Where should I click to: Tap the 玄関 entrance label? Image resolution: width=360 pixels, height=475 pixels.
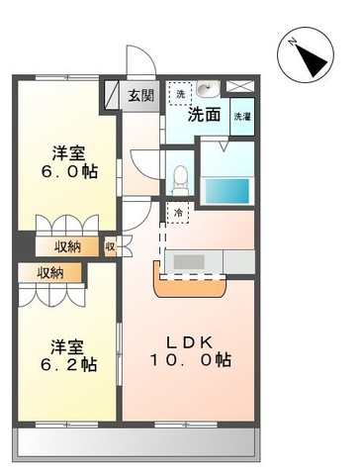click(141, 96)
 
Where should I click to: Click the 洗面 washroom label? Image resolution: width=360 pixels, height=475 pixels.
click(205, 114)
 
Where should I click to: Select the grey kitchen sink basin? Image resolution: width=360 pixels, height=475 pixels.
click(189, 261)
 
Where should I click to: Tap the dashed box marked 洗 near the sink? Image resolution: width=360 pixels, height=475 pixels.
click(179, 94)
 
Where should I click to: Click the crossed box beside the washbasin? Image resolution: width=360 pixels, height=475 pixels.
click(241, 87)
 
